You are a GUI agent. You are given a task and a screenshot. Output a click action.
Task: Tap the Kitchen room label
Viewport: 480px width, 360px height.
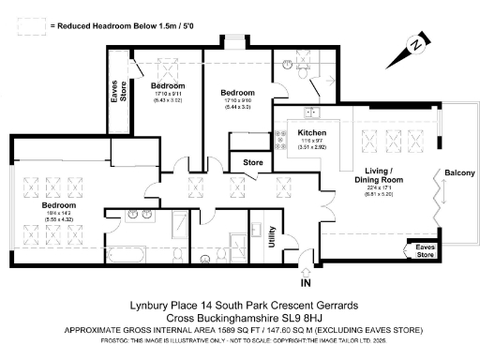click(310, 133)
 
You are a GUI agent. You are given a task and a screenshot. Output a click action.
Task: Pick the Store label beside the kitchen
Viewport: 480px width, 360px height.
click(252, 163)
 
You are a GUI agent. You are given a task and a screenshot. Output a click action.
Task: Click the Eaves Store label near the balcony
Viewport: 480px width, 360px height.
click(426, 251)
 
